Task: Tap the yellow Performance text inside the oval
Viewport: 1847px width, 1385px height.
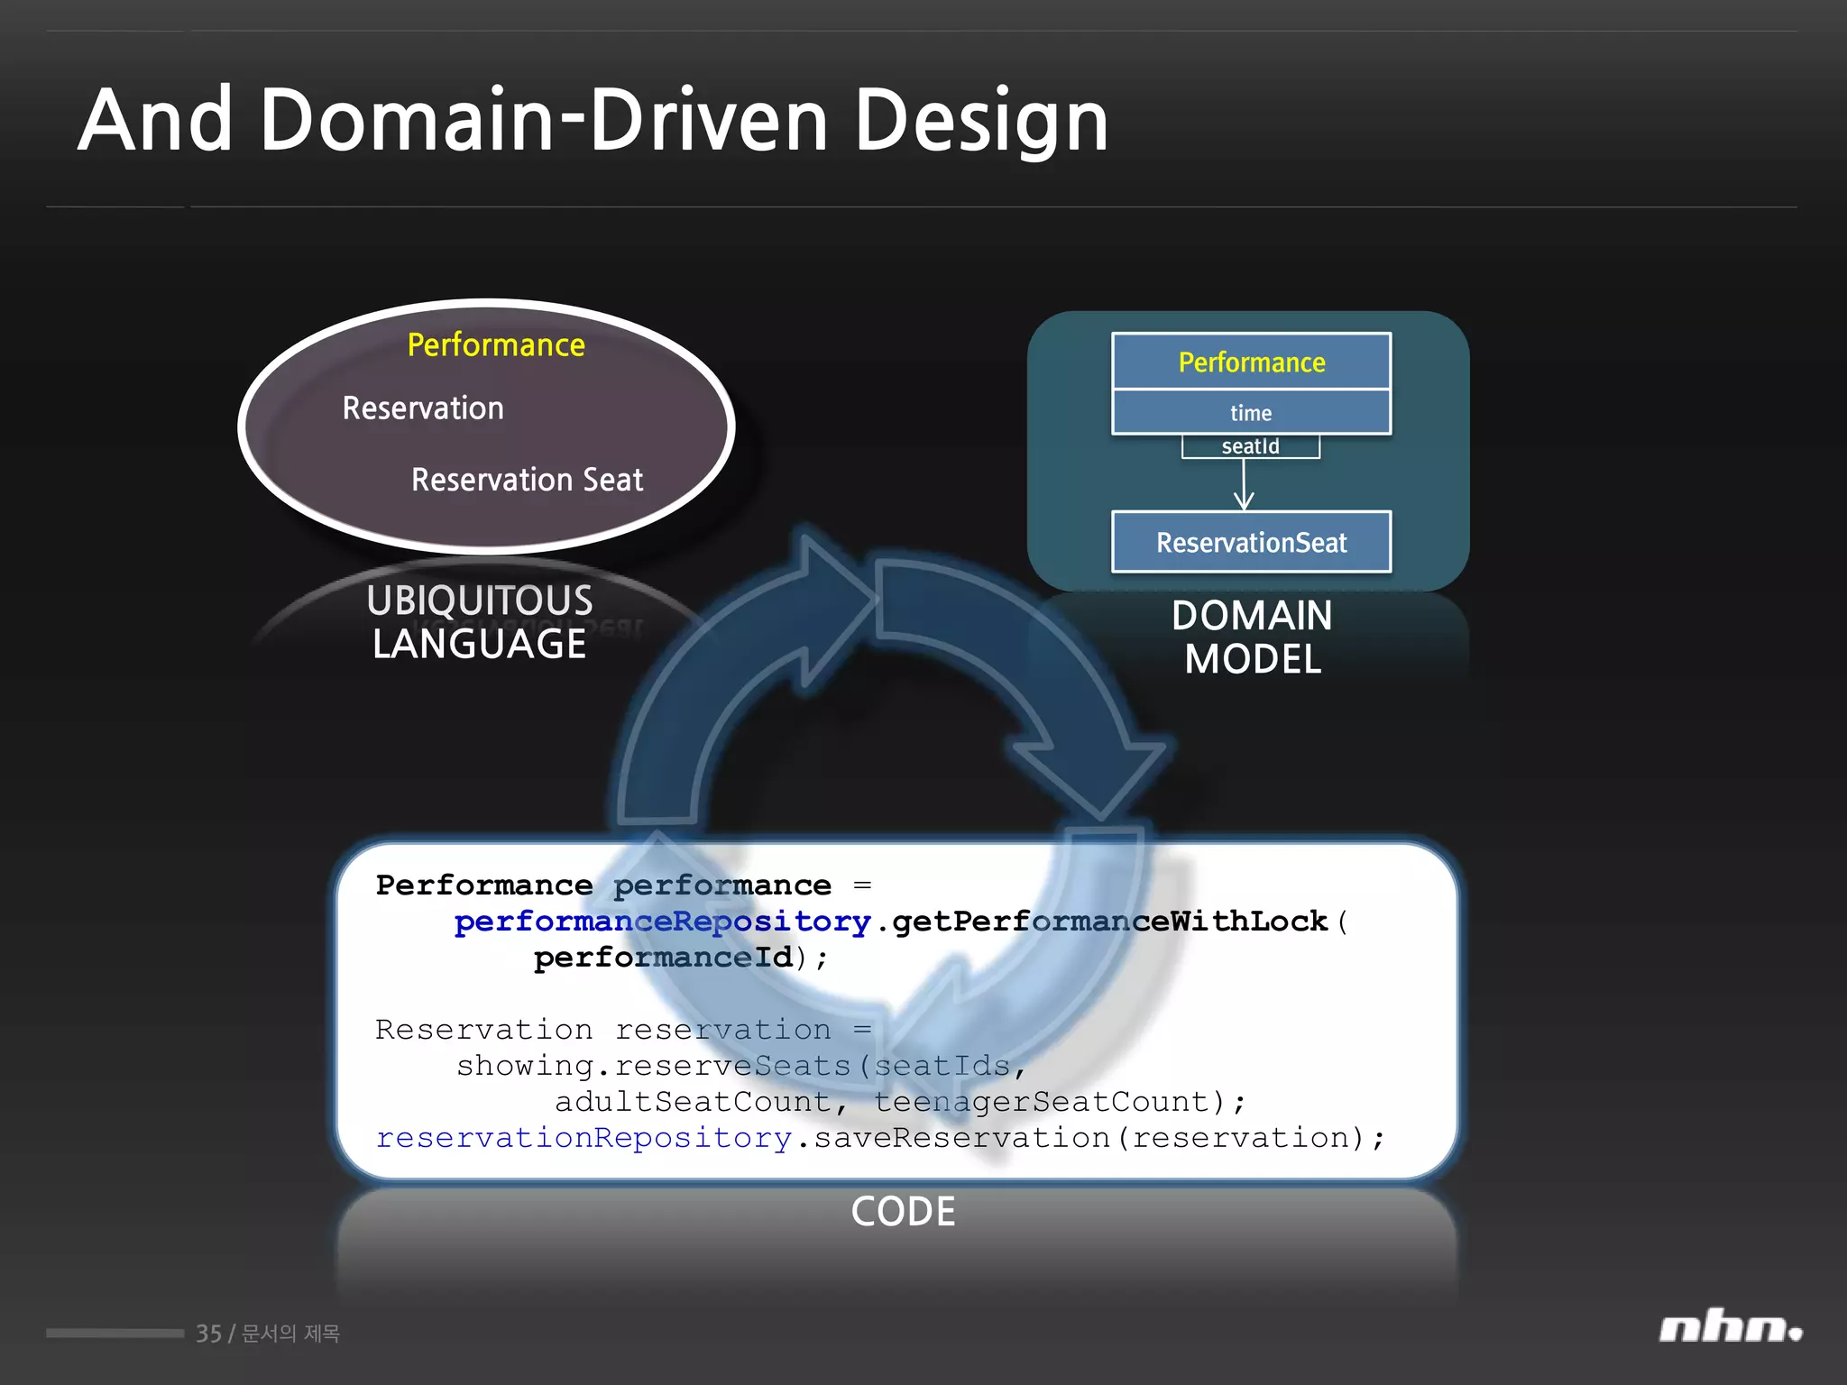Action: coord(496,345)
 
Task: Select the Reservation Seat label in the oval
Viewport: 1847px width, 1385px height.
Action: coord(527,480)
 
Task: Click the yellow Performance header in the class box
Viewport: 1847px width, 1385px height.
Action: coord(1251,362)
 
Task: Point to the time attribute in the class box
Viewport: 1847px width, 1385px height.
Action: coord(1251,413)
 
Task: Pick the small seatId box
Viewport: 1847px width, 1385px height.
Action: coord(1250,446)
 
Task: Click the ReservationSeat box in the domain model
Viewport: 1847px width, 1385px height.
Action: coord(1251,542)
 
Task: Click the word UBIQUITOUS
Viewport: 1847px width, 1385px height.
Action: coord(479,601)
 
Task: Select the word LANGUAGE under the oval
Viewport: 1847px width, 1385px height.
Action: coord(479,645)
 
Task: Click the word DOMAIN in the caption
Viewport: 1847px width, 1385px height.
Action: coord(1252,616)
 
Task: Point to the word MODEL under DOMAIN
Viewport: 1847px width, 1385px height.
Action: coord(1252,659)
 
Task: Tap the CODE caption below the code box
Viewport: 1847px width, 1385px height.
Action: coord(903,1211)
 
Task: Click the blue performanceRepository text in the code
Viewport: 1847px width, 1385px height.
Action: coord(662,922)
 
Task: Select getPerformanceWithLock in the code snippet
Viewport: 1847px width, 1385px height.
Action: coord(1109,922)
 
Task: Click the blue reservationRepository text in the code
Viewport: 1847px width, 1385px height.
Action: coord(584,1138)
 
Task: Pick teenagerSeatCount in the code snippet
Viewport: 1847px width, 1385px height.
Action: coord(1041,1102)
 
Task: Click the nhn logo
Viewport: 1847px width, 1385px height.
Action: coord(1730,1328)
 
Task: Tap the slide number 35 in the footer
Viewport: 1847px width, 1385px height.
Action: coord(208,1334)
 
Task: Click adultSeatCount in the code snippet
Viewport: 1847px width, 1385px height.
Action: coord(692,1102)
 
